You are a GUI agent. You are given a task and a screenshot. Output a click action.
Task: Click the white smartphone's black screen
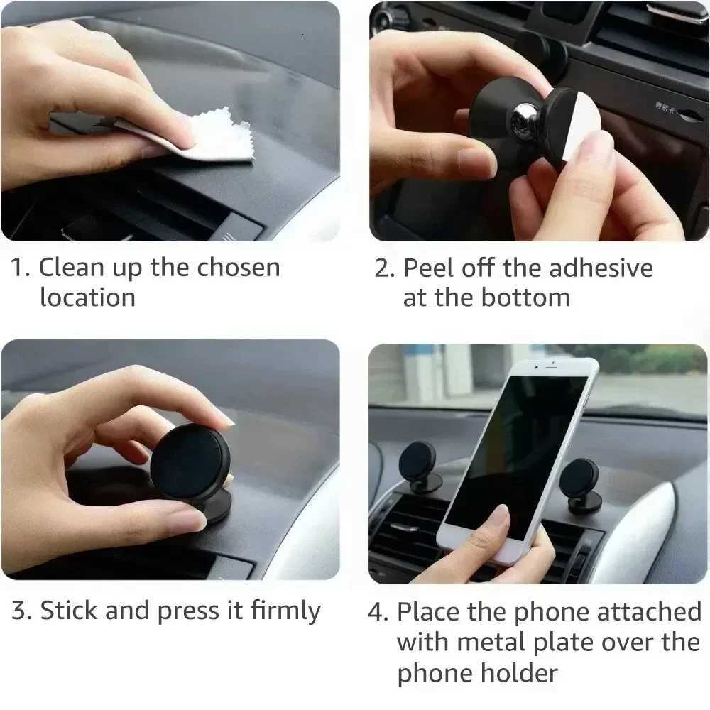click(x=518, y=454)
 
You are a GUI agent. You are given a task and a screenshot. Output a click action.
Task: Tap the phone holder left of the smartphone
click(x=419, y=465)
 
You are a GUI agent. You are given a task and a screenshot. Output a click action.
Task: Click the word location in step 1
click(x=87, y=297)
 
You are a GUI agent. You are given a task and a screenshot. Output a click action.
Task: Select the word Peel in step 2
click(x=429, y=268)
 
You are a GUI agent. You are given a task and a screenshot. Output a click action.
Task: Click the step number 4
click(x=377, y=612)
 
